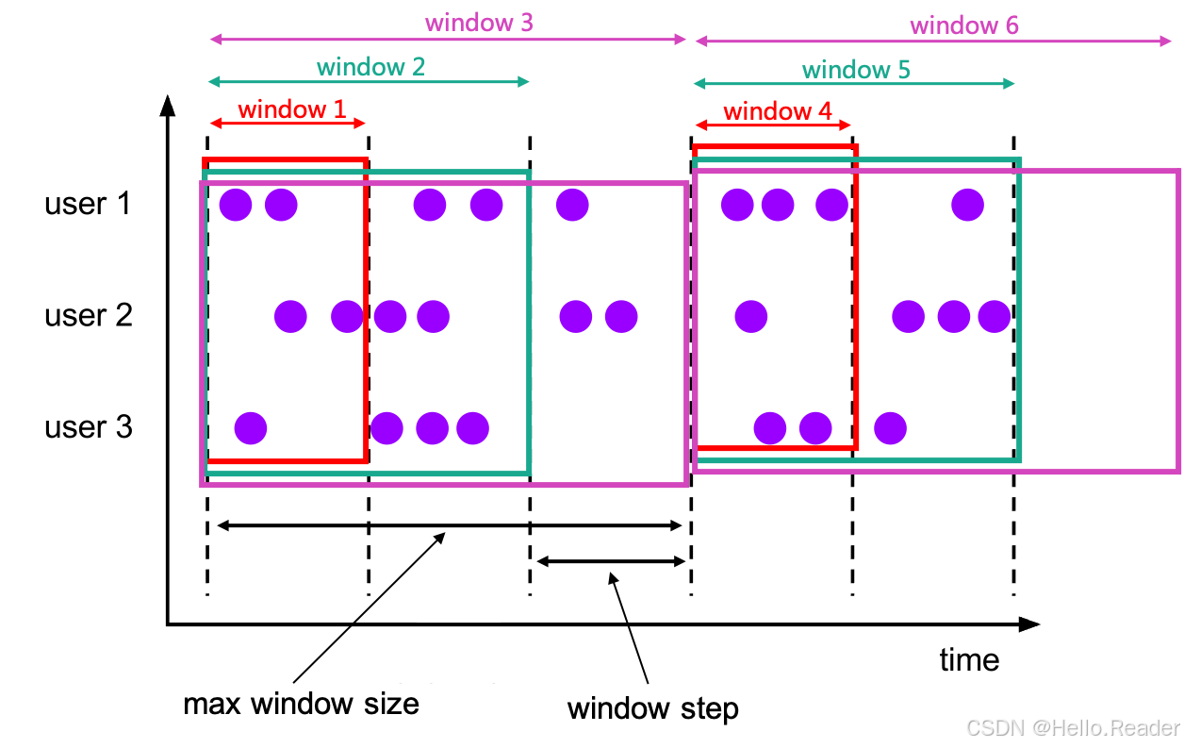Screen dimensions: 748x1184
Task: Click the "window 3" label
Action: pyautogui.click(x=479, y=22)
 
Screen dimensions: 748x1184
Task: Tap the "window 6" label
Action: pyautogui.click(x=963, y=25)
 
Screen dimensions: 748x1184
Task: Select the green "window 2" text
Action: pyautogui.click(x=370, y=66)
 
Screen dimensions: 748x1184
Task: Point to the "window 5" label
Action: pyautogui.click(x=856, y=69)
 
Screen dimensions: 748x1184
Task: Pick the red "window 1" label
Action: pyautogui.click(x=291, y=109)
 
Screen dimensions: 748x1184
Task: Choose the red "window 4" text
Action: pyautogui.click(x=778, y=112)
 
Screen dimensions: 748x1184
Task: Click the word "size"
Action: pyautogui.click(x=395, y=704)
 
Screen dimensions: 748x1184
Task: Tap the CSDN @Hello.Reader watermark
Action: pyautogui.click(x=1072, y=726)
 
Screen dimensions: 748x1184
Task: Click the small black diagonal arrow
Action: pyautogui.click(x=430, y=546)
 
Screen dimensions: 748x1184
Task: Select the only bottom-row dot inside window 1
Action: pyautogui.click(x=251, y=428)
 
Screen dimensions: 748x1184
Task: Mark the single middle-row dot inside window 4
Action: pyautogui.click(x=751, y=317)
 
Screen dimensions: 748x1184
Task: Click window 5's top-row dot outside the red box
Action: pyautogui.click(x=967, y=205)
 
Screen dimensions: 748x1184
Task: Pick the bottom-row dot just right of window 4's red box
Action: pyautogui.click(x=890, y=428)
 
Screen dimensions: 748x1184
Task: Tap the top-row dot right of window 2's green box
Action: pyautogui.click(x=572, y=205)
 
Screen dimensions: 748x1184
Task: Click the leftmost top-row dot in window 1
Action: pyautogui.click(x=236, y=205)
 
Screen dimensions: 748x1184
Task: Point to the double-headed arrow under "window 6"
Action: pyautogui.click(x=933, y=41)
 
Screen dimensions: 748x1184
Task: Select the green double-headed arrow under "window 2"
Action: pyautogui.click(x=369, y=82)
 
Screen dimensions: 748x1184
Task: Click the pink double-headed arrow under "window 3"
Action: pyautogui.click(x=449, y=39)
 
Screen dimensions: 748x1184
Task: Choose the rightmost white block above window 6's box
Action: pyautogui.click(x=932, y=133)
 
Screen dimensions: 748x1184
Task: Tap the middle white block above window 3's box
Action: pyautogui.click(x=448, y=133)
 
